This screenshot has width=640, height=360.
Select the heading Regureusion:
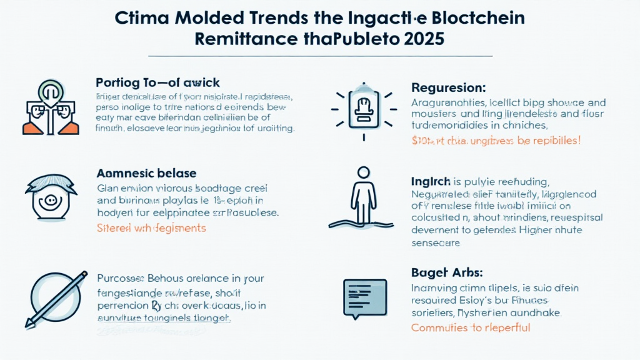[x=448, y=88]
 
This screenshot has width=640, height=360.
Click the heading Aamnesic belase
[x=146, y=173]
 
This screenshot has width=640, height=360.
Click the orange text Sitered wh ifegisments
[x=151, y=228]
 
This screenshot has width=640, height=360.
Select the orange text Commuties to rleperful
[x=471, y=327]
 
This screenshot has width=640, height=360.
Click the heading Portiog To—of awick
[x=157, y=82]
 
